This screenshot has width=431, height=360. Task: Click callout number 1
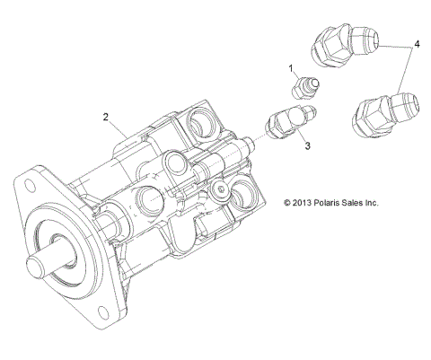coord(291,68)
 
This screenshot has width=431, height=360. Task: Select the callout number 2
coord(106,117)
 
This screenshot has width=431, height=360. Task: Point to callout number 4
coord(417,43)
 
